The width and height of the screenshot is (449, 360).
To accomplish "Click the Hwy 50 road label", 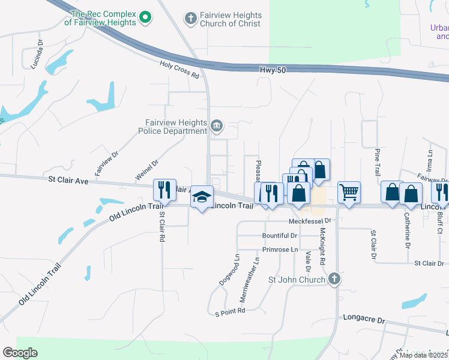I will (x=273, y=70).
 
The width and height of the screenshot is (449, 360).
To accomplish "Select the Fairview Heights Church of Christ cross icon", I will (x=191, y=19).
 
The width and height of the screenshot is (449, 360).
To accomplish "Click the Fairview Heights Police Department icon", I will (x=217, y=126).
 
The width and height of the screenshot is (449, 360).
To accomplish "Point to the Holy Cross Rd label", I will (x=179, y=70).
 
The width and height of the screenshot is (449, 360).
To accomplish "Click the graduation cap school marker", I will (x=202, y=197).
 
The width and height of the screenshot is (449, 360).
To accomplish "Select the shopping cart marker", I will (x=349, y=193).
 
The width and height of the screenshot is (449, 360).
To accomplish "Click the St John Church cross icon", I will (x=334, y=279).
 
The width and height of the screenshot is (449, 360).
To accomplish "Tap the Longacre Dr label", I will (x=363, y=320).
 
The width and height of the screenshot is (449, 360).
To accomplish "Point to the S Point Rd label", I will (x=230, y=311).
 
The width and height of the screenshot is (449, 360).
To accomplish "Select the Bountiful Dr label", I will (x=280, y=236).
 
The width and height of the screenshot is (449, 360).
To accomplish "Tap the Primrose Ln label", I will (x=280, y=249).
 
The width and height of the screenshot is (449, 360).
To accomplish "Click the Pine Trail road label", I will (x=378, y=162).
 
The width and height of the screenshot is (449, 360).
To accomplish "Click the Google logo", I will (x=20, y=353).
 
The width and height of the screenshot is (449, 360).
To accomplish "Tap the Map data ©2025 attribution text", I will (x=424, y=355).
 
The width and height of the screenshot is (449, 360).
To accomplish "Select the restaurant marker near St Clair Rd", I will (x=164, y=190).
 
